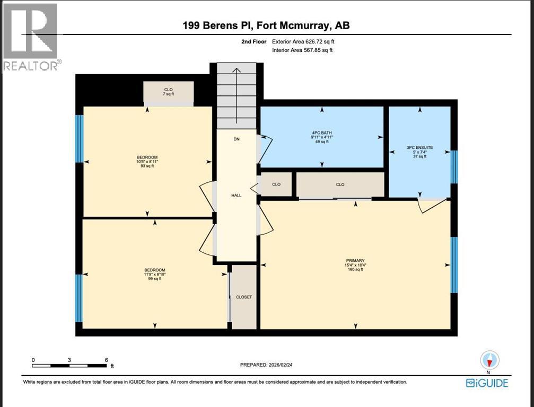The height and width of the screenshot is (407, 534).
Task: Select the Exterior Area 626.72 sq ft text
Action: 303,41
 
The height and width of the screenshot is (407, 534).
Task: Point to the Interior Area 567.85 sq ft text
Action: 303,50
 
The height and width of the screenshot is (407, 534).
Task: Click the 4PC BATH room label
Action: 321,137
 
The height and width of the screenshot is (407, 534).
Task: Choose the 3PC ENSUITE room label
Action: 420,152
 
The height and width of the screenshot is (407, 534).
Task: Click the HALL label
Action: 236,195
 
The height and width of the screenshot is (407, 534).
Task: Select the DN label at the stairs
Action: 237,139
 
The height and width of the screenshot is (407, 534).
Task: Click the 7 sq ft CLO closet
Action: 169,92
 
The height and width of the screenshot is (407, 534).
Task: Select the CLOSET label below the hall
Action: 244,297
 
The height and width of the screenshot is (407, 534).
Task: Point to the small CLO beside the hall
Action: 276,184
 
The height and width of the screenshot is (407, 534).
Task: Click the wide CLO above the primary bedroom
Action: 340,184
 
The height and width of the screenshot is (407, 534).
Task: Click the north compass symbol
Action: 489,361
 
